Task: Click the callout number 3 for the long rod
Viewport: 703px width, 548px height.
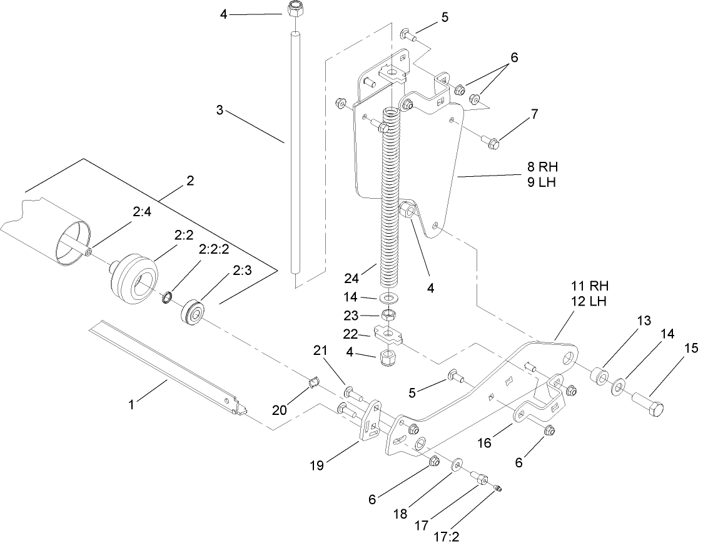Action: [220, 111]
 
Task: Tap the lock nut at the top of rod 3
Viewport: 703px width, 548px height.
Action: [293, 10]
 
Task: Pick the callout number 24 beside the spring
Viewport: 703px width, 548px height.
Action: [351, 277]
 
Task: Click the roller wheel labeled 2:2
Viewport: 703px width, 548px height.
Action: [133, 274]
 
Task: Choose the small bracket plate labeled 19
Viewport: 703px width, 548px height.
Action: [371, 422]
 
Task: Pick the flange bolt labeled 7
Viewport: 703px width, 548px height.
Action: [493, 143]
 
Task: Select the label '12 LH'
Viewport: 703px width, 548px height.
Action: [589, 301]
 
